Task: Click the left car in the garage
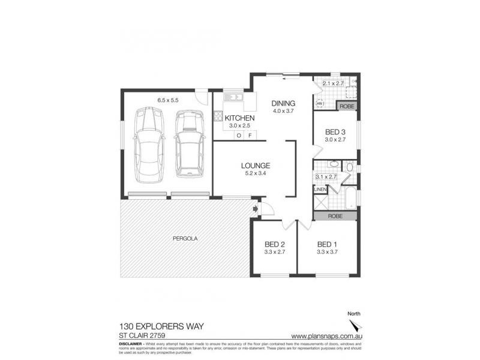click(x=148, y=145)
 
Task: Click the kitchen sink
click(x=233, y=97)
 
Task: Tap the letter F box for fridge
click(x=248, y=136)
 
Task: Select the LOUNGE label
click(x=256, y=166)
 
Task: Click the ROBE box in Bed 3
click(x=347, y=106)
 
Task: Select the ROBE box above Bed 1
click(x=335, y=216)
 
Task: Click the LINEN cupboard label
click(x=320, y=190)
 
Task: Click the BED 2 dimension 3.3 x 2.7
click(x=274, y=253)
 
